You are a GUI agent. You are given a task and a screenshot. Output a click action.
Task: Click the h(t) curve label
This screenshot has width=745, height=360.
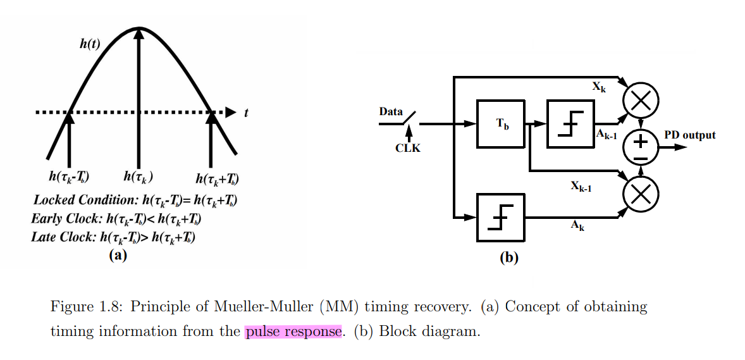point(90,44)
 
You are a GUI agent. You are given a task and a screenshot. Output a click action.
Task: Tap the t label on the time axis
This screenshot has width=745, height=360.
point(246,113)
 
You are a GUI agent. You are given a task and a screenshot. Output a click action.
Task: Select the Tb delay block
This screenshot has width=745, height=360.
point(500,124)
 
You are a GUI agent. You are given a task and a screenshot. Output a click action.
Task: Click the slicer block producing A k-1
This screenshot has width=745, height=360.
point(570,124)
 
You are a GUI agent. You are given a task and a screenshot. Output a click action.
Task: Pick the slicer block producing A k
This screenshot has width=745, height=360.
point(500,217)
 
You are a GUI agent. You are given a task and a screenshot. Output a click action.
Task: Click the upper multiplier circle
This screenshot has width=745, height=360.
point(641,100)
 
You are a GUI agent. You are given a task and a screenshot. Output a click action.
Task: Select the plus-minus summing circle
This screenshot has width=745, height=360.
point(641,147)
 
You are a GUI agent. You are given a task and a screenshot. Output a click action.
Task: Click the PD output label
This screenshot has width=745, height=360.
point(690,135)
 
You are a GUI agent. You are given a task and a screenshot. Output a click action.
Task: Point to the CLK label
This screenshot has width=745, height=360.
point(408,149)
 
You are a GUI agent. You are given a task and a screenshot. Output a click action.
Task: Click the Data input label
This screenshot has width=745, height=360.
point(391,112)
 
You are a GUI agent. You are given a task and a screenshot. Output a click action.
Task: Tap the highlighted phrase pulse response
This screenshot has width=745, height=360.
point(293,332)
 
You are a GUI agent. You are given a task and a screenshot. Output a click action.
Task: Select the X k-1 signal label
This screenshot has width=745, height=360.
point(581,186)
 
